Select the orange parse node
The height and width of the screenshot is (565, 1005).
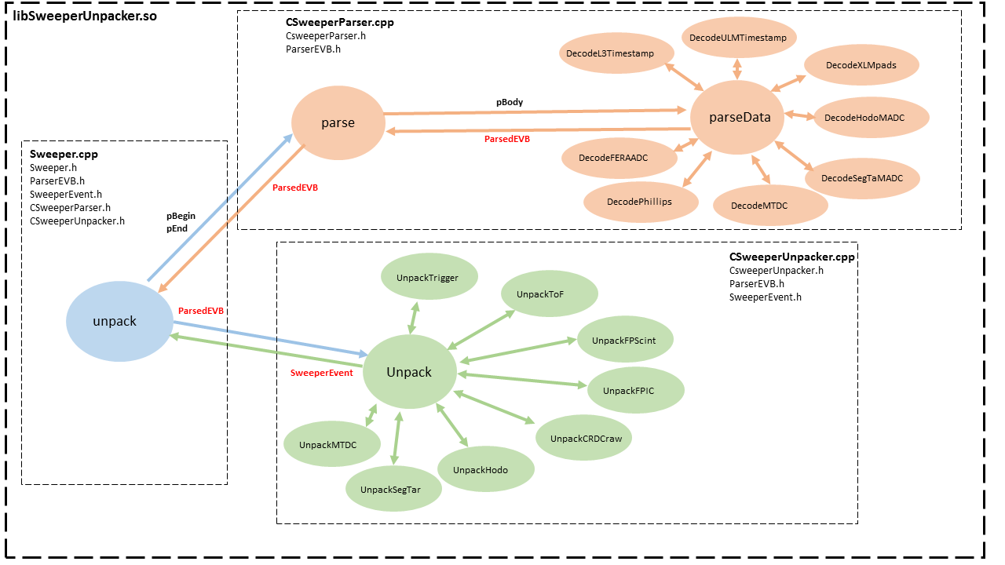click(338, 122)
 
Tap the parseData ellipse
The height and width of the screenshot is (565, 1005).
click(740, 118)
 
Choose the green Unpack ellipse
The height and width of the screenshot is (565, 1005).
click(409, 372)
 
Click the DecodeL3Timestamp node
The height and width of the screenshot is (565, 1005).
click(617, 53)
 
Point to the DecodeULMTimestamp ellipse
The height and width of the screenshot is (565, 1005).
click(739, 37)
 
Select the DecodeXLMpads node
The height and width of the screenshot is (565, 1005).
click(861, 65)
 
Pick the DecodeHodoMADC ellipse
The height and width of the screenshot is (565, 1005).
click(871, 118)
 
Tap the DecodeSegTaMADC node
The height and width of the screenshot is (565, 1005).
click(861, 178)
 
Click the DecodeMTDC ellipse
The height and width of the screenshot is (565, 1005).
click(770, 206)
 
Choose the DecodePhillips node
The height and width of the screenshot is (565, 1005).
click(640, 202)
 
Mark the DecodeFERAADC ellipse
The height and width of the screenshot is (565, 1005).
click(619, 158)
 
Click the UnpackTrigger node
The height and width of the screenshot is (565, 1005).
click(427, 278)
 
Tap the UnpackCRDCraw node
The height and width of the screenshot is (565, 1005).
click(586, 438)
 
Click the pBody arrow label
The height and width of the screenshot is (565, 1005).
click(510, 102)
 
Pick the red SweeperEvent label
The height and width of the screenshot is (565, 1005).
click(322, 373)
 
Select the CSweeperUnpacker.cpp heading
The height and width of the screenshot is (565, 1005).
click(791, 257)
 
